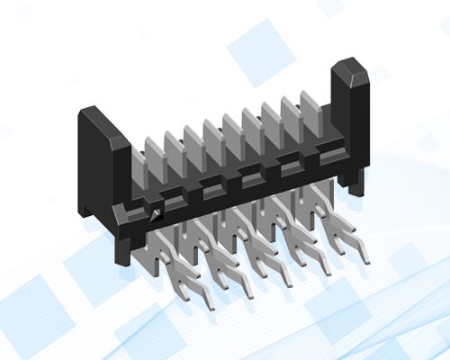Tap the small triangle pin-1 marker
coord(157,214)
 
